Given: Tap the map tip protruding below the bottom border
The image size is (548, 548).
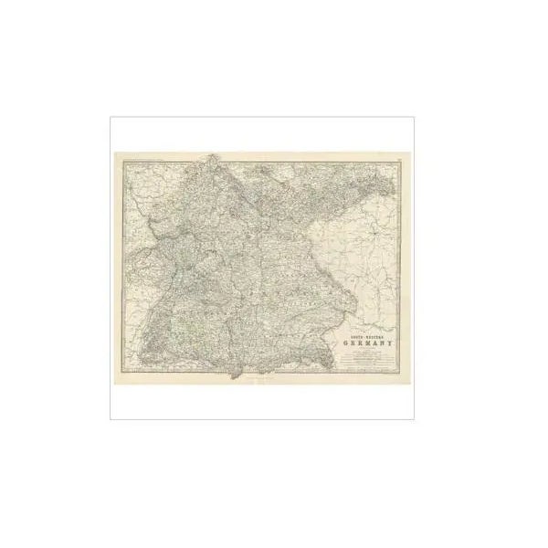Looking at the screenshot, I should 239,375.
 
